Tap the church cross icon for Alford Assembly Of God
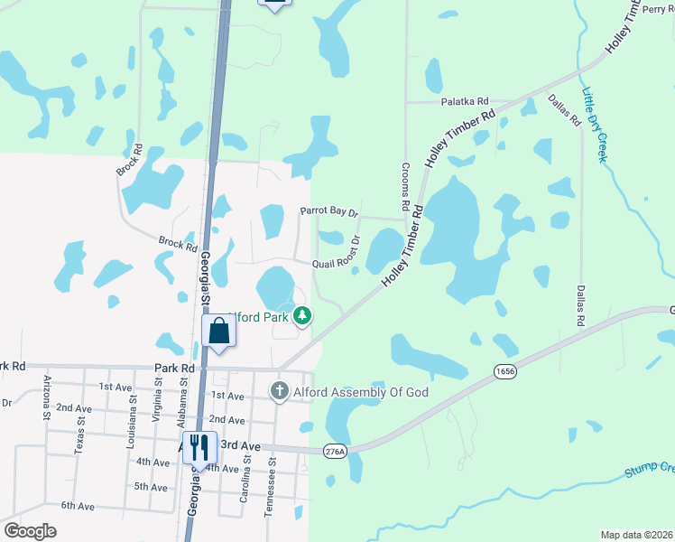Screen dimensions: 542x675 click(x=280, y=391)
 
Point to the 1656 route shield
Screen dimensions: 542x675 click(x=504, y=371)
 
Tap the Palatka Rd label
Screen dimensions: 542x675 click(x=464, y=101)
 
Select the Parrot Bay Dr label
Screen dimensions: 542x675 click(x=329, y=212)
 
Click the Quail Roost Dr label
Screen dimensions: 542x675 click(x=337, y=257)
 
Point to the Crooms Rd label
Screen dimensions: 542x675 click(x=406, y=182)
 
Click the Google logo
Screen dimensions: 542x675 click(x=30, y=531)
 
